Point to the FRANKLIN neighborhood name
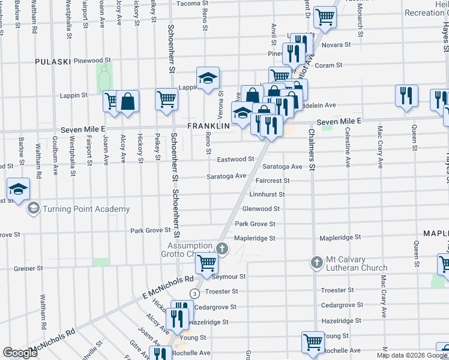click(209, 126)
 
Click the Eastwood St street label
click(235, 159)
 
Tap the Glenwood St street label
click(261, 209)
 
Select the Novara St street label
click(337, 45)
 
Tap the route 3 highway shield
click(194, 293)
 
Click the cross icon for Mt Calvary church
click(317, 262)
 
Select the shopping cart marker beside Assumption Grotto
click(206, 262)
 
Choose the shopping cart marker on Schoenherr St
click(166, 98)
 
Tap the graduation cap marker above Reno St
click(208, 78)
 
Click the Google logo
click(20, 353)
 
